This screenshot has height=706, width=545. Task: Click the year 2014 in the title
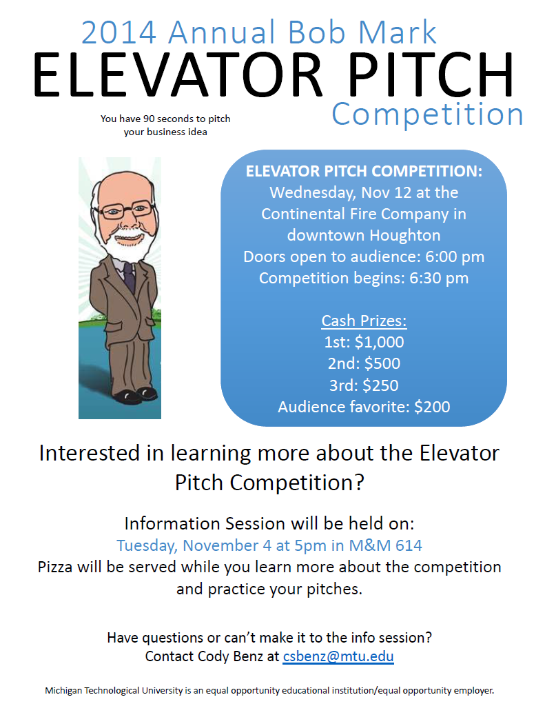click(x=119, y=32)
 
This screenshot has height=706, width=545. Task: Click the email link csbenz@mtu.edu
click(x=338, y=656)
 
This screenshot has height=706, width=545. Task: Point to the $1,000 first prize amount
click(x=380, y=342)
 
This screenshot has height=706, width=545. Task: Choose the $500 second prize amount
click(x=382, y=363)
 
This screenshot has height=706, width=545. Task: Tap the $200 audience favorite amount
click(x=432, y=407)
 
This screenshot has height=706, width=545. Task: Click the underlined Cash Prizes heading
click(x=364, y=321)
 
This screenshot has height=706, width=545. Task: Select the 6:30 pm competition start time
click(x=439, y=279)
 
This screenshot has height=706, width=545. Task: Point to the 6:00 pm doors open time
click(x=455, y=256)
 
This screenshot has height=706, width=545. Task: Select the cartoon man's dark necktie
click(x=129, y=276)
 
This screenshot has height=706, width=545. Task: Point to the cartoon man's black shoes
click(x=136, y=394)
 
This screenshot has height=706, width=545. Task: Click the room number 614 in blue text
click(x=409, y=546)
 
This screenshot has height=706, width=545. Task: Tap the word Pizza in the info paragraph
click(x=55, y=567)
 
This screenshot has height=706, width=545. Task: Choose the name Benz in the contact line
click(x=248, y=656)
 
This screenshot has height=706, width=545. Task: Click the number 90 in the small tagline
click(x=149, y=119)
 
